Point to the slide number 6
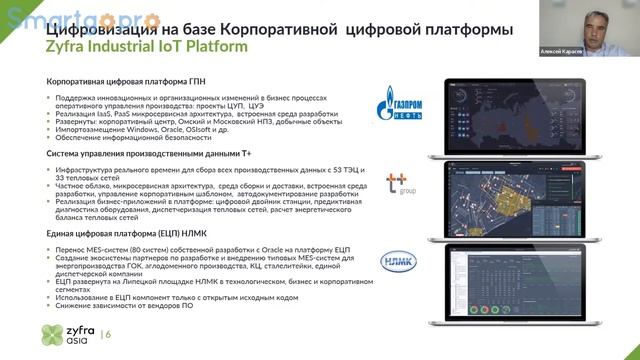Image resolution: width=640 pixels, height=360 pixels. tap(108, 334)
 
